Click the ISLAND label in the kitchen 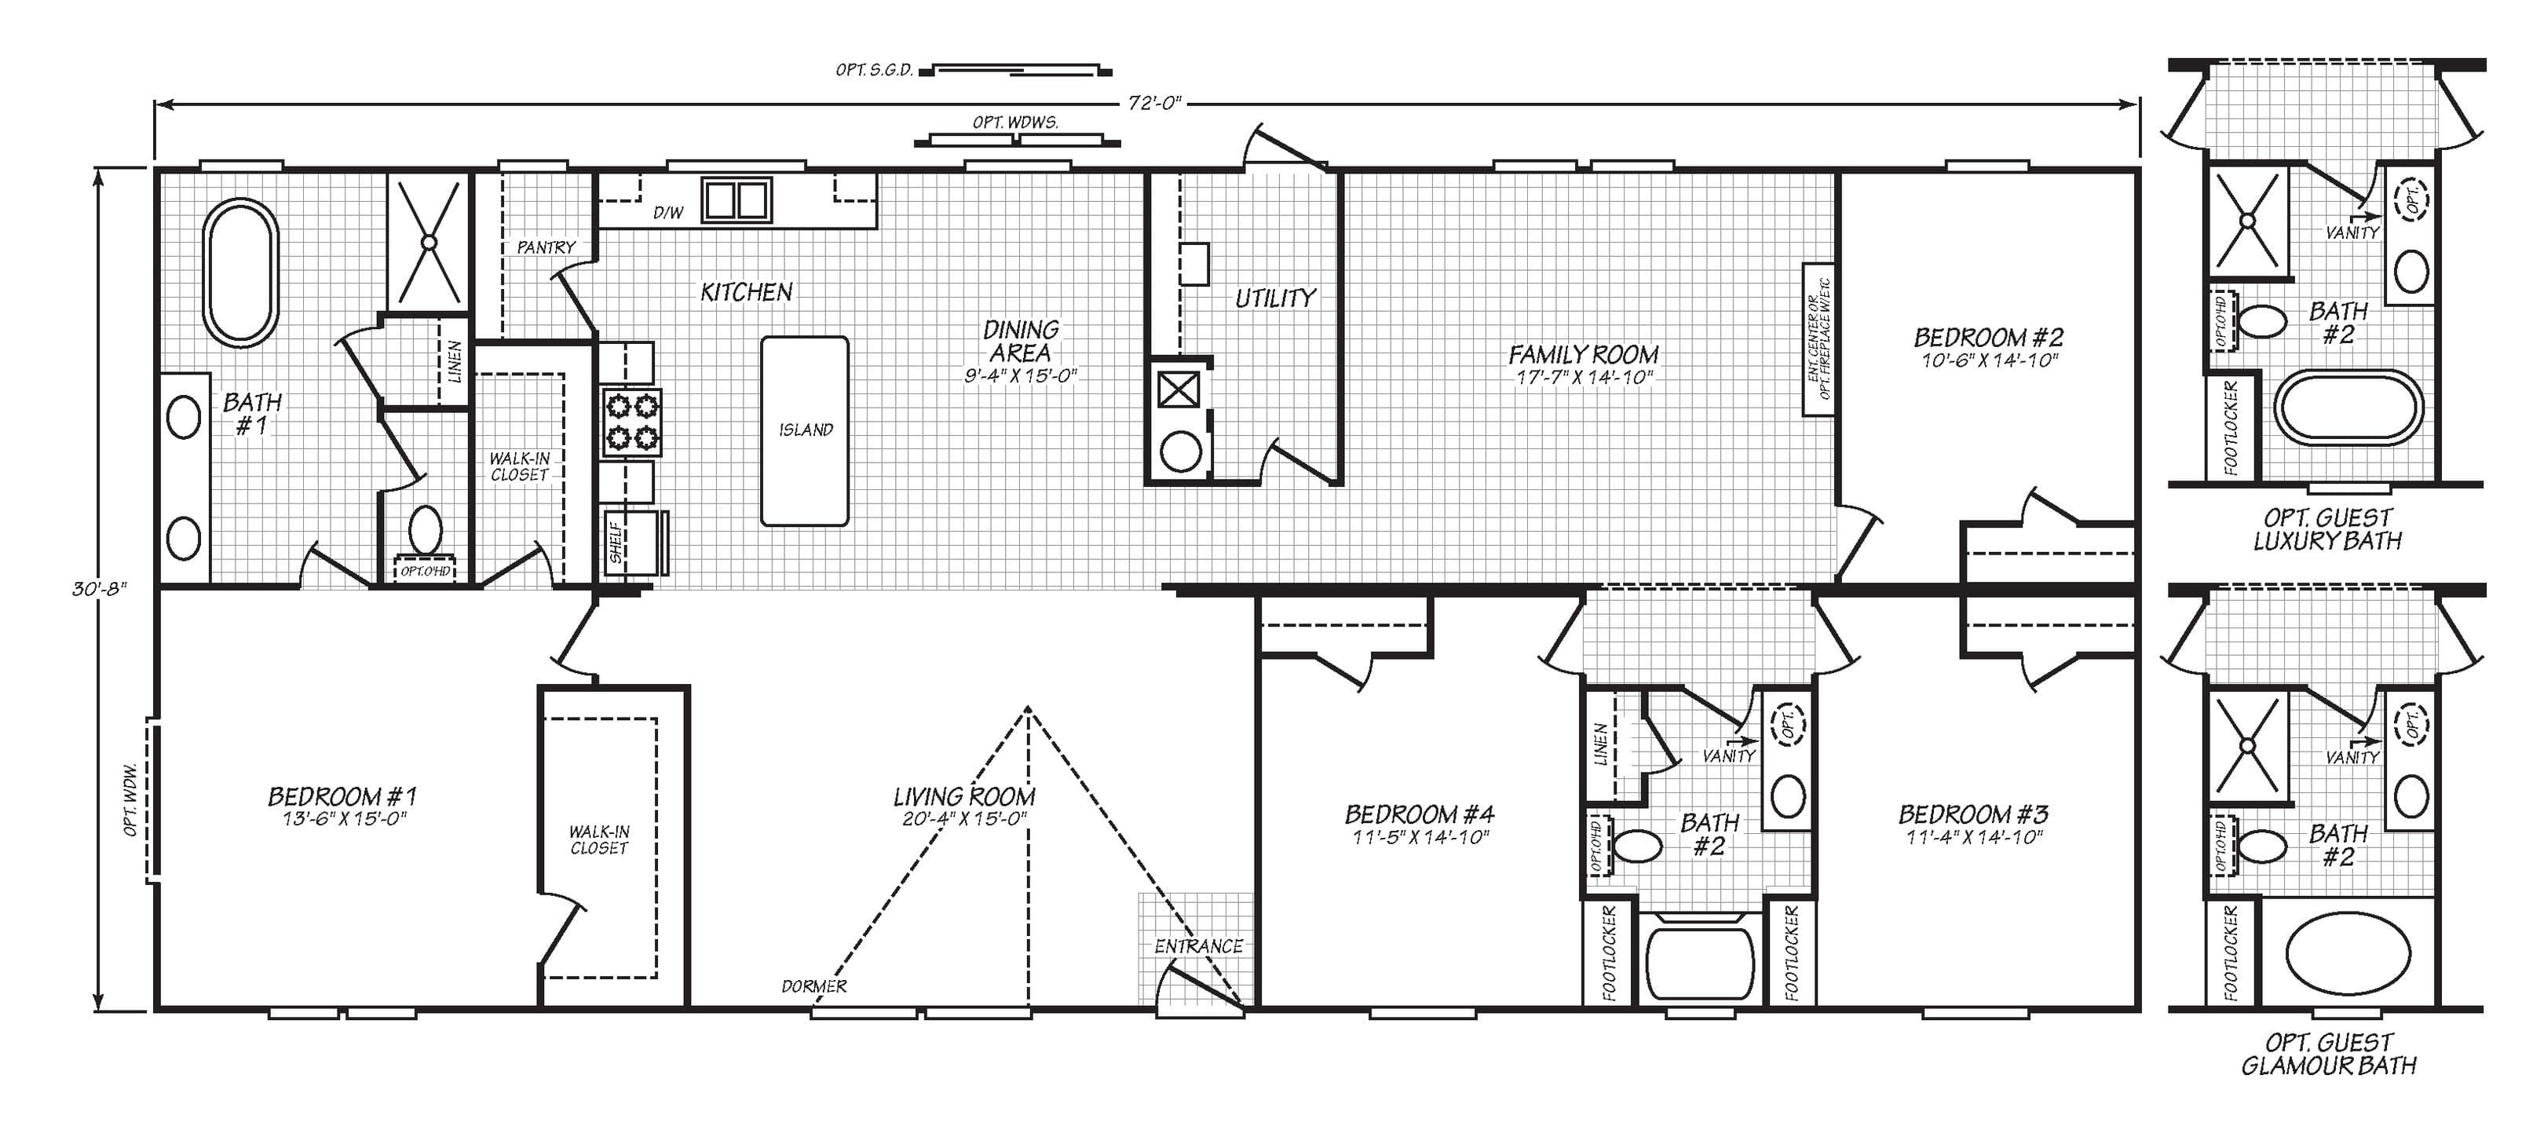[x=806, y=430]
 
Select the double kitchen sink [x=736, y=200]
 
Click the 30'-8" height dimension [x=99, y=589]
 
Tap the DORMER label [x=813, y=986]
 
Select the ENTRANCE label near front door [x=1198, y=946]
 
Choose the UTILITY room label [x=1275, y=298]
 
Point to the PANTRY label [x=545, y=247]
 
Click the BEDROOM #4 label [x=1419, y=815]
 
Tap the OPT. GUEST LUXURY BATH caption [x=2328, y=529]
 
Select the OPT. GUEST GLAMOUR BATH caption [x=2328, y=1055]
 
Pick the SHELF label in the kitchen [x=616, y=543]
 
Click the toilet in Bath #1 [x=426, y=530]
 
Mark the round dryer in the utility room [x=1179, y=452]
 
